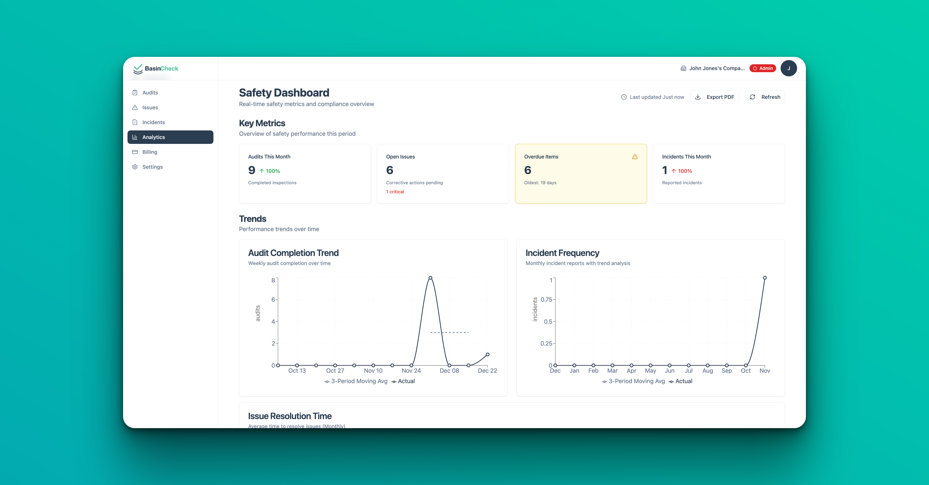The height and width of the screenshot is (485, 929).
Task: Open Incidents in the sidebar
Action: (x=153, y=122)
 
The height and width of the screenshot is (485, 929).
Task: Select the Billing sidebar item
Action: (x=149, y=152)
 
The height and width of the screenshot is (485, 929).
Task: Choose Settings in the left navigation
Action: (x=152, y=167)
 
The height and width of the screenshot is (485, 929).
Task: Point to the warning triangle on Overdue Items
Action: (x=635, y=157)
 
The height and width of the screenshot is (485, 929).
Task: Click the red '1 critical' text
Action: (x=395, y=192)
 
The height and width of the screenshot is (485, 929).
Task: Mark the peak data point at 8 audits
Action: (x=430, y=278)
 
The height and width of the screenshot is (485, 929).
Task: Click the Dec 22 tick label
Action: (x=487, y=370)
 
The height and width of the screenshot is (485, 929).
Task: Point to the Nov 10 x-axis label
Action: (x=373, y=370)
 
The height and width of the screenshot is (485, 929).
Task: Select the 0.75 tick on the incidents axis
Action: (x=546, y=299)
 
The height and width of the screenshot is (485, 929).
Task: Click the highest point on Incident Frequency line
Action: (x=765, y=278)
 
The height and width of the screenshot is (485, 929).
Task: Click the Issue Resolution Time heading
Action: (x=290, y=416)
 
